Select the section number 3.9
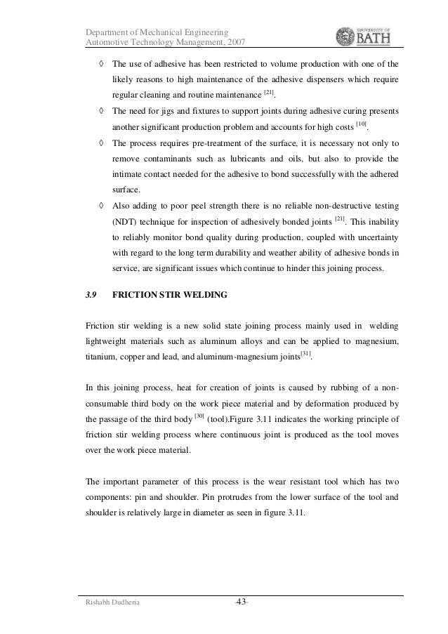coord(91,295)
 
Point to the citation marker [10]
coord(361,124)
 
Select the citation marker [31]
coord(305,352)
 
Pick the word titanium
coord(102,357)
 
